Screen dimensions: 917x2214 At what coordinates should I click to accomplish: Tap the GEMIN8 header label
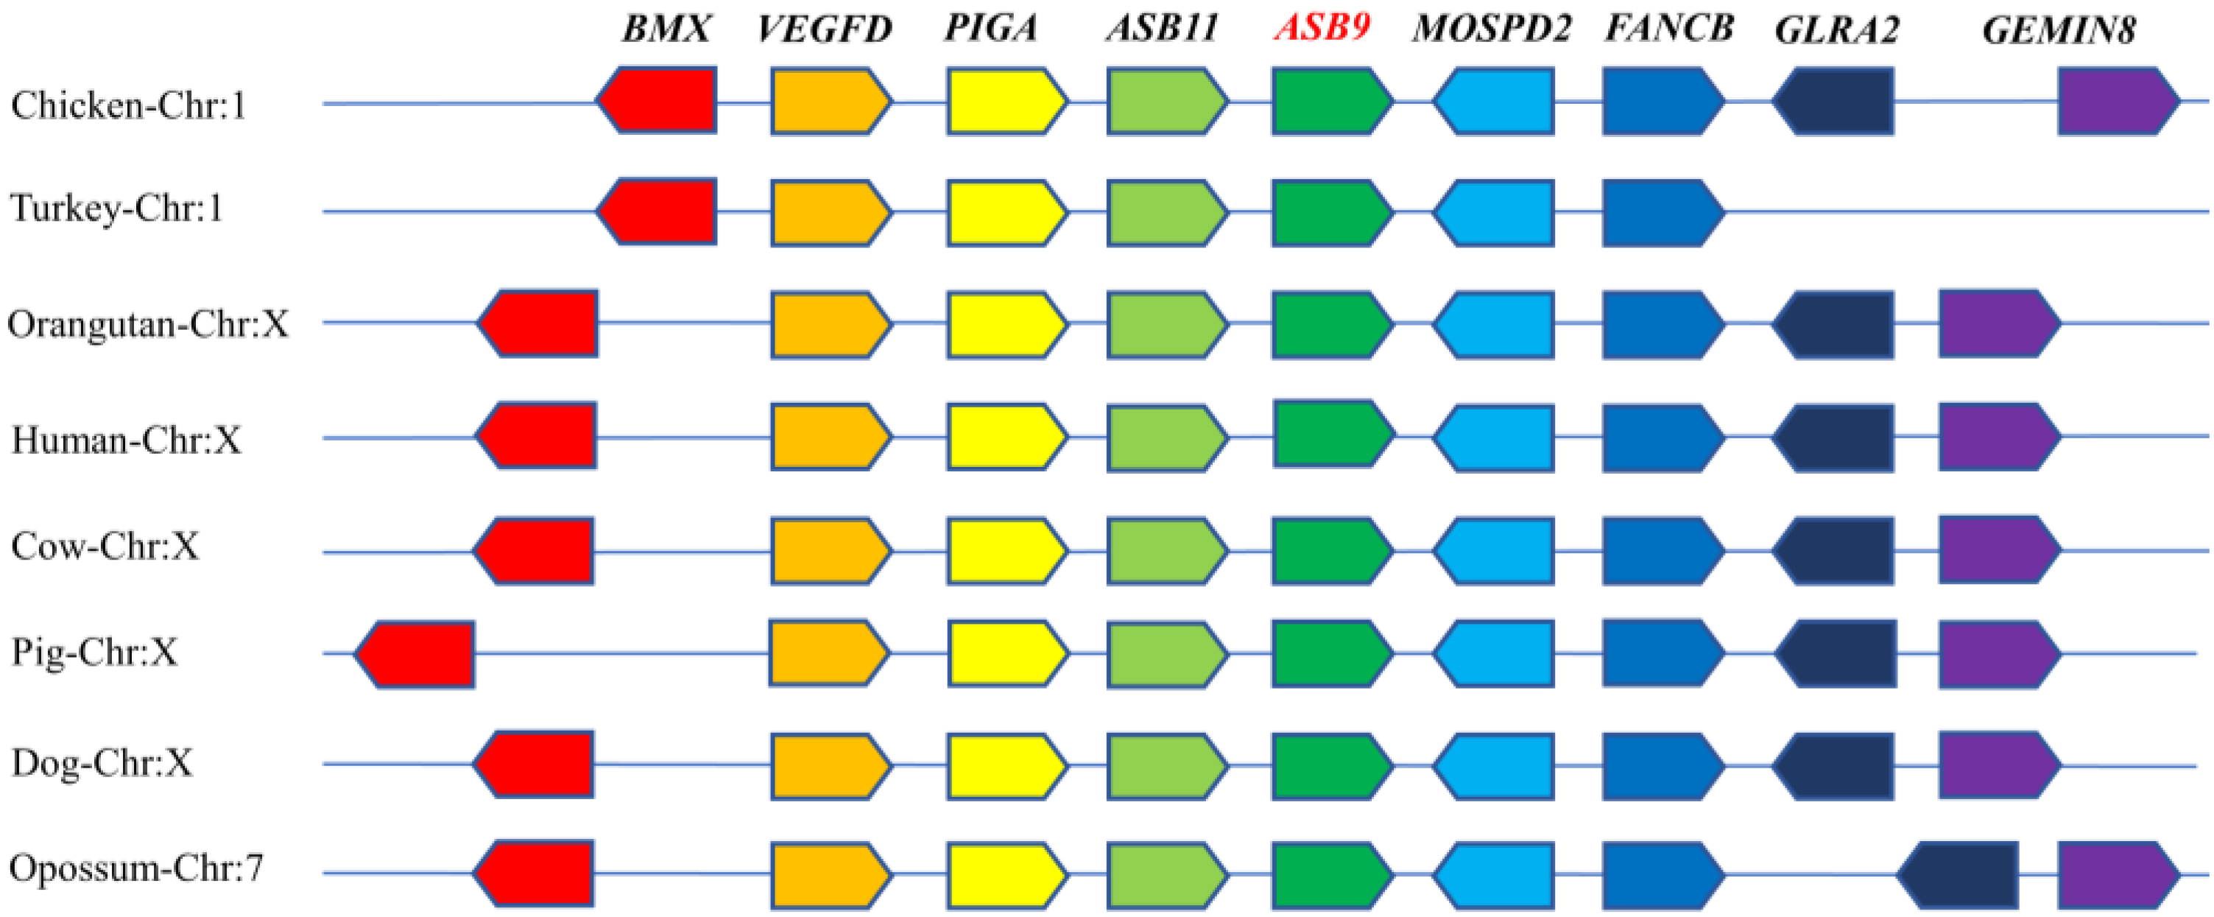click(2059, 30)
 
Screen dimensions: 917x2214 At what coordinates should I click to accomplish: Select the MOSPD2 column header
click(1491, 29)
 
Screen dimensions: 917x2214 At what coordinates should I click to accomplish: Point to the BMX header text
click(666, 29)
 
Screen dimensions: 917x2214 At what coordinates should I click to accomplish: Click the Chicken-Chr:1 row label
click(129, 105)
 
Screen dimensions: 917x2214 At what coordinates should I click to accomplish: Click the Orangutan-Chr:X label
click(148, 324)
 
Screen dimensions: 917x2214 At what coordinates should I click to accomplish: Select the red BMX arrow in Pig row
click(415, 654)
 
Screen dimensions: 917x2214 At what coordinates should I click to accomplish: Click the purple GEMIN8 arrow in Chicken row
click(2118, 102)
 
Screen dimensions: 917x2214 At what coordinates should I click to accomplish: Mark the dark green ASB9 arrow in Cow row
click(1331, 551)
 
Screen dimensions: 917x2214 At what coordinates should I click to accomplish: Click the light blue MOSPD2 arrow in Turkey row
click(1494, 212)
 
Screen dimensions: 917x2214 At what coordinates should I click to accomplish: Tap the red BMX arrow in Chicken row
click(657, 101)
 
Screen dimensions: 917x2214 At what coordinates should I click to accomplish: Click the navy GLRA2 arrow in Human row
click(1834, 438)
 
